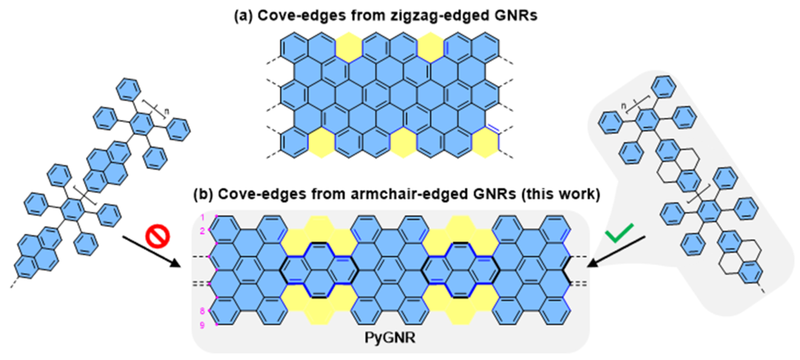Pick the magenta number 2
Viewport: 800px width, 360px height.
pos(201,231)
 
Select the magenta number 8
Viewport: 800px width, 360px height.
pos(201,310)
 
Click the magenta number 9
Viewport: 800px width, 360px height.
pos(201,324)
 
